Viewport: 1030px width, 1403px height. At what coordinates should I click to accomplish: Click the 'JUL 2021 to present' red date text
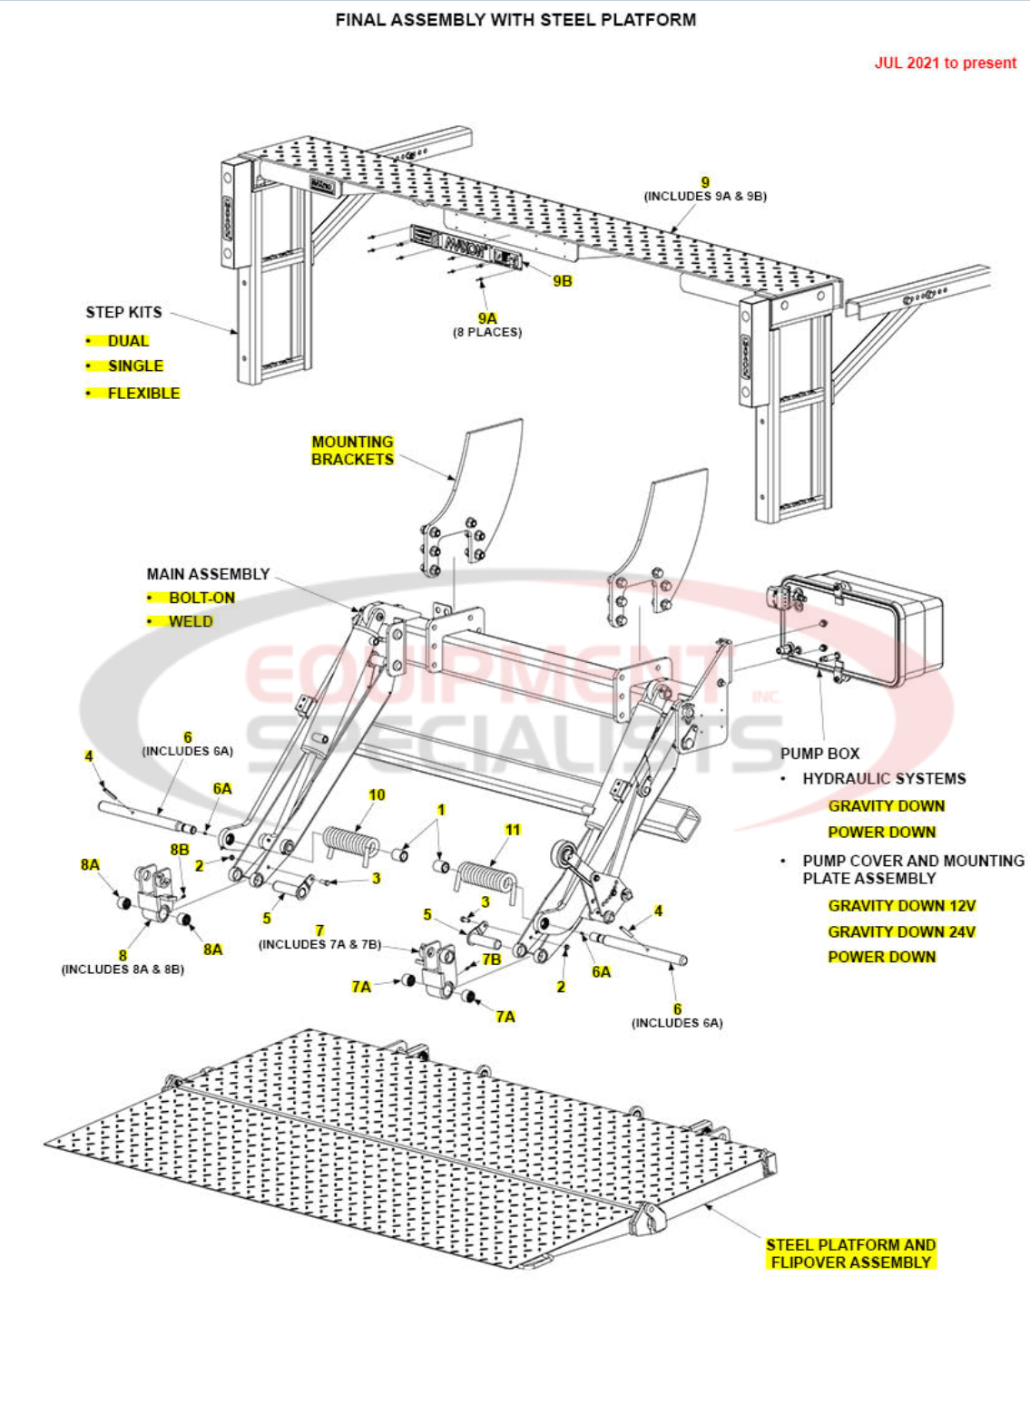[x=945, y=63]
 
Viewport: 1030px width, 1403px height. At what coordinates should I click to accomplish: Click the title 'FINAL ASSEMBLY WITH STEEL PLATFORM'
[x=515, y=20]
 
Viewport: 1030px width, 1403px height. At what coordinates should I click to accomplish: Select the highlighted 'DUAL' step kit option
[x=128, y=341]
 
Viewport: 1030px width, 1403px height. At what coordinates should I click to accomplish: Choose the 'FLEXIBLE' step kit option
[x=143, y=393]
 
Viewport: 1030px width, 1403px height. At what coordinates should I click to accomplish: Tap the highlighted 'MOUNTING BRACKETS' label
[x=352, y=451]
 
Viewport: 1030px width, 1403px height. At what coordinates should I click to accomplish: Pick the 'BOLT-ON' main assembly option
[x=201, y=598]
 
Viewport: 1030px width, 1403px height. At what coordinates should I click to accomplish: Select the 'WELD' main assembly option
[x=191, y=621]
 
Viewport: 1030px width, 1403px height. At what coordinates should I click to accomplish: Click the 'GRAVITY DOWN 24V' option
[x=901, y=931]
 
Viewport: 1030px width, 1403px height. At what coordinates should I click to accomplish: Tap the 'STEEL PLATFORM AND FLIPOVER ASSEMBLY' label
[x=850, y=1253]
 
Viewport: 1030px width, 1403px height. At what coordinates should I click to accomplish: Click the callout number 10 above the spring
[x=377, y=795]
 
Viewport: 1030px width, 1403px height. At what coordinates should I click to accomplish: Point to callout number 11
[x=513, y=830]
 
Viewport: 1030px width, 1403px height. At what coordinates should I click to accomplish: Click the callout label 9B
[x=563, y=281]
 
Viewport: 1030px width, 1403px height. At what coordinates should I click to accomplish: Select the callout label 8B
[x=180, y=850]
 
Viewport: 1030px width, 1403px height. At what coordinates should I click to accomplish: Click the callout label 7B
[x=491, y=960]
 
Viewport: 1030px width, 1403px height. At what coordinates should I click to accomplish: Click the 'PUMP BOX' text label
[x=819, y=753]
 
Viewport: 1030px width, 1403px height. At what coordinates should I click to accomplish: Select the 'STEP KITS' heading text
[x=123, y=312]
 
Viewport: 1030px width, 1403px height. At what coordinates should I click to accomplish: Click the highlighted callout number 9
[x=705, y=182]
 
